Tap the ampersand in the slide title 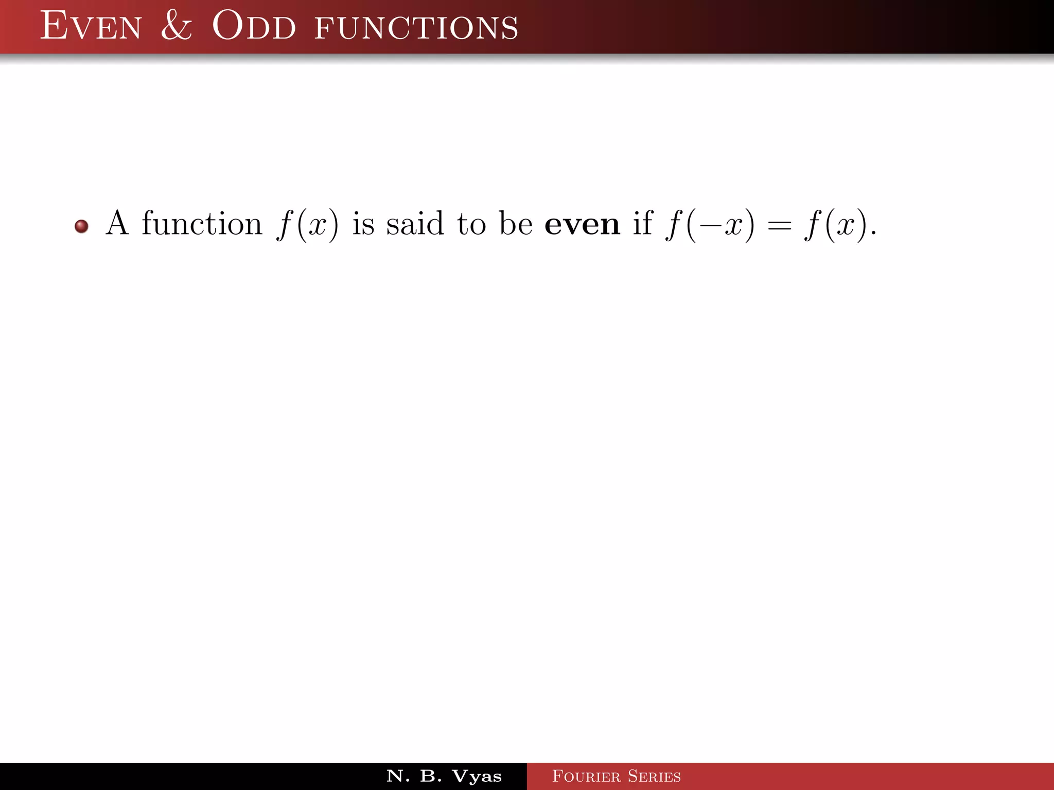click(177, 26)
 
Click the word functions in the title click(416, 28)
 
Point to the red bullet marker click(81, 226)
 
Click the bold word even click(582, 225)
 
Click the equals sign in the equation click(779, 226)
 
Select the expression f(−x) click(710, 225)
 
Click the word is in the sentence click(363, 224)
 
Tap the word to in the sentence click(471, 225)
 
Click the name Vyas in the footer click(477, 776)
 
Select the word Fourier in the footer click(586, 776)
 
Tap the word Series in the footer click(654, 776)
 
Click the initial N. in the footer click(398, 776)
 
